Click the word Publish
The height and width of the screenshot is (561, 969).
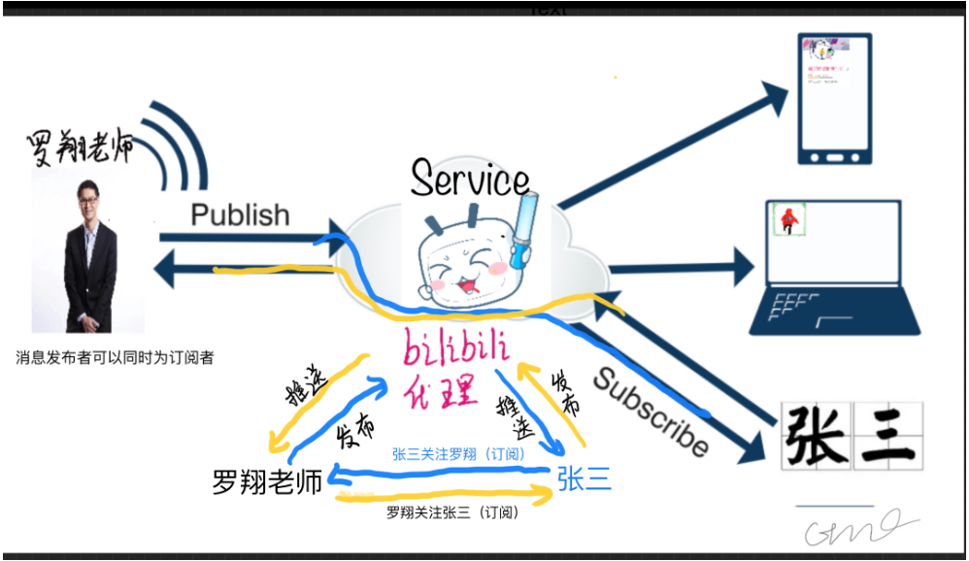[x=240, y=214]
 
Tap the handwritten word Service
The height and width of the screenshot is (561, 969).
[x=471, y=178]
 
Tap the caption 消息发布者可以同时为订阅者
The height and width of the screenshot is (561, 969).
[x=114, y=357]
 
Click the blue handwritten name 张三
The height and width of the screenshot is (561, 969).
[x=585, y=478]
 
